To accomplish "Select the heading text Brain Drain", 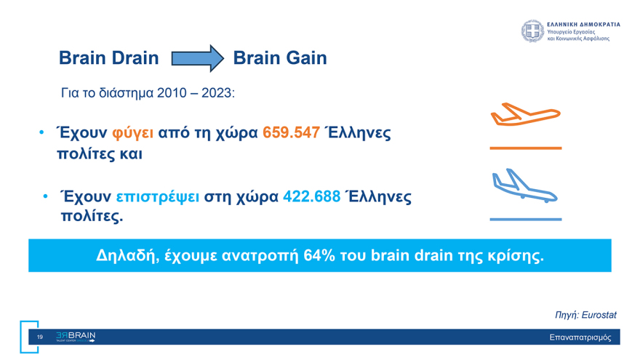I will coord(108,58).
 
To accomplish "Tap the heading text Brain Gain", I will coord(280,58).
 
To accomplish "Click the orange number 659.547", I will coord(291,134).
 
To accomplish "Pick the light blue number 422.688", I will coord(311,197).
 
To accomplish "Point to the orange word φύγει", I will coord(133,134).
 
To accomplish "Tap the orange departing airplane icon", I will coord(525,115).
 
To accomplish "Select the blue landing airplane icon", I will coord(524,186).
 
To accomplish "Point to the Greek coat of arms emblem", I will coord(532,31).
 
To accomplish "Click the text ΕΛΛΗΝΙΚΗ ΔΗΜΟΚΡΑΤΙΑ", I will coord(583,24).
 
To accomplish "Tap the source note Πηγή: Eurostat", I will coord(585,315).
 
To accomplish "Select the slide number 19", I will coord(40,337).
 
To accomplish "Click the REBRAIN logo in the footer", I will coord(76,337).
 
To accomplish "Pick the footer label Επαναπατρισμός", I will coord(580,337).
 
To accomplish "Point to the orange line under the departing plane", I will coord(525,148).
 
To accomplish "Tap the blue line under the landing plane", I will coord(525,219).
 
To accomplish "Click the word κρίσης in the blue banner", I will coord(517,255).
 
